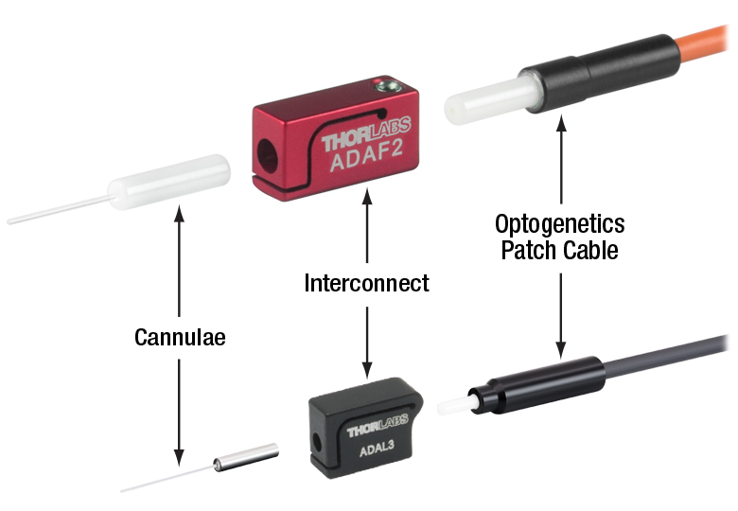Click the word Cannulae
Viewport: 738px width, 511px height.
coord(179,337)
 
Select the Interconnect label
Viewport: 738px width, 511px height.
coord(366,282)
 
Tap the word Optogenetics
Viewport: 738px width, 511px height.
coord(560,224)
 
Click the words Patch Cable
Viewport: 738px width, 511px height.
coord(560,250)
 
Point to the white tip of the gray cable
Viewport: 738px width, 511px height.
coord(449,407)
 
